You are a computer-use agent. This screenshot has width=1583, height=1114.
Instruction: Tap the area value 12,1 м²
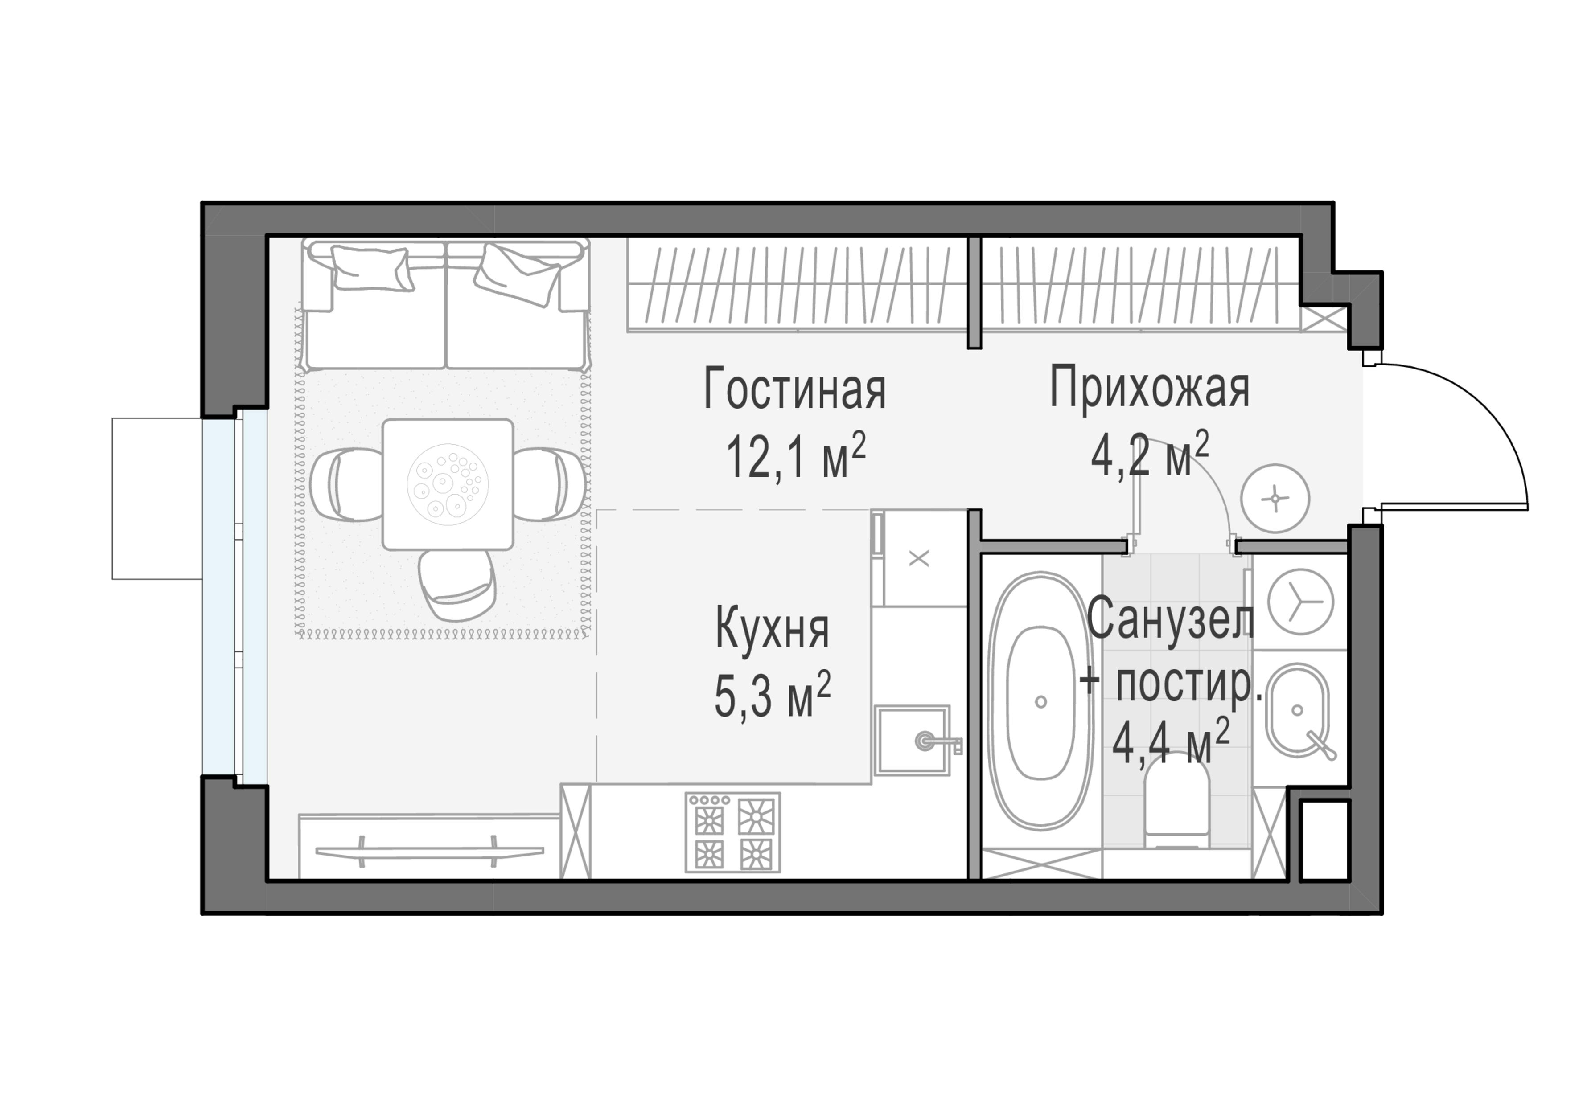pyautogui.click(x=794, y=457)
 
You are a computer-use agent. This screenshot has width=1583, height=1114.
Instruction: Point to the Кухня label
pyautogui.click(x=772, y=629)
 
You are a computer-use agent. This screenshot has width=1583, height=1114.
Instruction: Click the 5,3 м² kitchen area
pyautogui.click(x=772, y=696)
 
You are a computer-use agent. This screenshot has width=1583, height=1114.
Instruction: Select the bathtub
pyautogui.click(x=1041, y=700)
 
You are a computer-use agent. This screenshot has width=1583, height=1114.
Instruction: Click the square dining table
pyautogui.click(x=448, y=484)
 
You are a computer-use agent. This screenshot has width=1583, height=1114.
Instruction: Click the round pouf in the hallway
pyautogui.click(x=1275, y=498)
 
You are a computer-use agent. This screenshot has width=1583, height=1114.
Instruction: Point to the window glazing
pyautogui.click(x=251, y=596)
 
